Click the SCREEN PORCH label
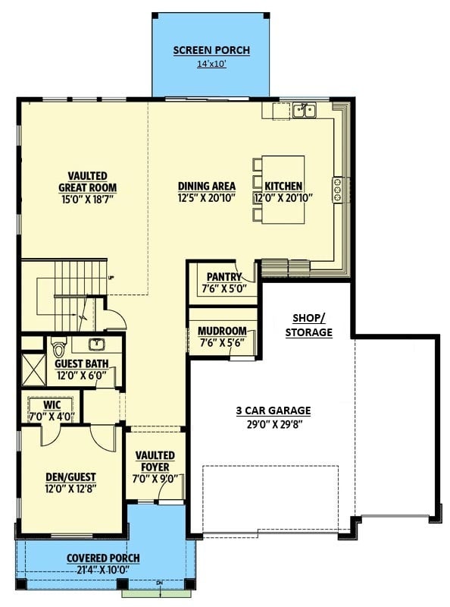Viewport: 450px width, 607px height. point(211,50)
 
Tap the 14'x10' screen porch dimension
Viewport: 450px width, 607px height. point(211,64)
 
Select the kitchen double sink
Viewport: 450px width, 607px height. point(305,110)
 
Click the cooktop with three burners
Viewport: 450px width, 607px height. point(338,190)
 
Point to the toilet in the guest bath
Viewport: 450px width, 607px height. point(59,348)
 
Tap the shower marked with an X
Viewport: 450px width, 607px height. point(33,370)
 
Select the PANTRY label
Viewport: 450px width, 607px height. point(224,277)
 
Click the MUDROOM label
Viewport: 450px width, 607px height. point(222,332)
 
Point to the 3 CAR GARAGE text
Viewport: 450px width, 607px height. point(273,410)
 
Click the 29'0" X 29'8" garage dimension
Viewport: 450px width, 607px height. point(274,424)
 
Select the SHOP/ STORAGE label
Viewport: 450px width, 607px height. point(309,326)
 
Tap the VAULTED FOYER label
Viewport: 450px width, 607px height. point(155,461)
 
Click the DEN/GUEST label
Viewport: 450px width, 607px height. point(70,477)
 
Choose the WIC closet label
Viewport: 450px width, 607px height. point(52,405)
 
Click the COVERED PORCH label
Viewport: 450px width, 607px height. point(103,558)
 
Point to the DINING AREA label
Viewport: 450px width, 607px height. point(207,186)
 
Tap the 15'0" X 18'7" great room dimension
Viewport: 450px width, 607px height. point(88,200)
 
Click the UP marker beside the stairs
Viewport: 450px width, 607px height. point(111,277)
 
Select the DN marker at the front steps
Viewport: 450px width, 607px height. point(159,582)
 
